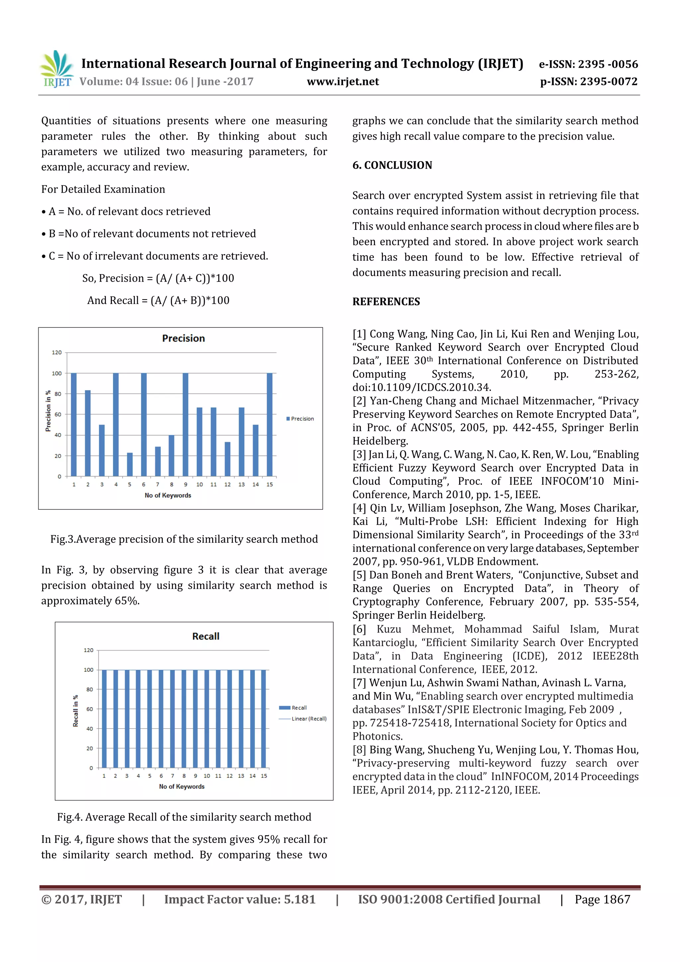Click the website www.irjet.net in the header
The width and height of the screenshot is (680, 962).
343,81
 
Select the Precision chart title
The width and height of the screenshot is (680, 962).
184,338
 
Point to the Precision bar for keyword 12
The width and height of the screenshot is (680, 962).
227,459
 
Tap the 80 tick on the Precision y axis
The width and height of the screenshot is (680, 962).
57,394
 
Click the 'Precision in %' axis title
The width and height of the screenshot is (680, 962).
48,411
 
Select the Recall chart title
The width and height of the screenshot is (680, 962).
206,636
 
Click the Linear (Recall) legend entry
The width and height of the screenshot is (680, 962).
306,719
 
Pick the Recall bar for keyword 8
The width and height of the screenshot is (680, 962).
184,719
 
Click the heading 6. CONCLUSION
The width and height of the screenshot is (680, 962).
392,165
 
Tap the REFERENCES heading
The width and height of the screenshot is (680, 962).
386,302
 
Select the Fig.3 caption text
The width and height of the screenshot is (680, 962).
184,539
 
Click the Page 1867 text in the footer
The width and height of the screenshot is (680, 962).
602,899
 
